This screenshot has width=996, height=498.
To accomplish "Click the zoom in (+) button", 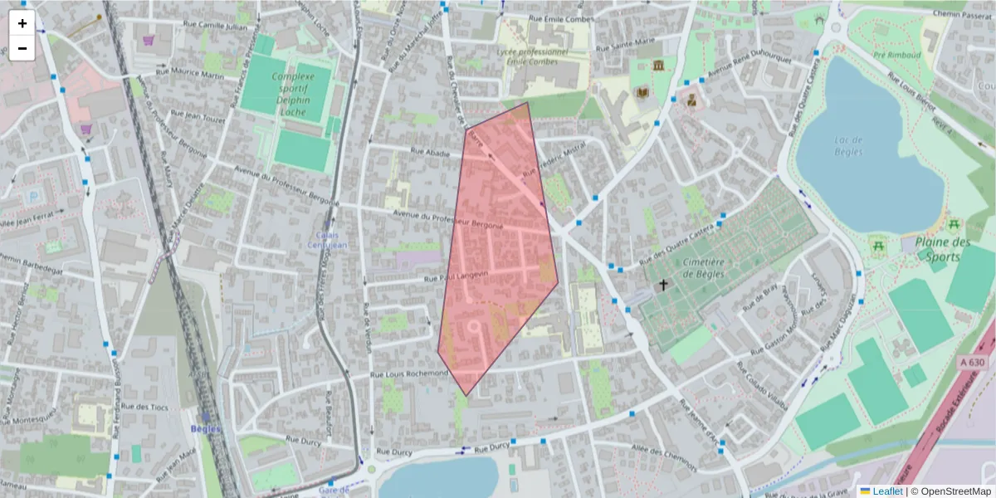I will click(x=22, y=23).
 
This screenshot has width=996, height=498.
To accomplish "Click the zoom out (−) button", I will click(x=22, y=48).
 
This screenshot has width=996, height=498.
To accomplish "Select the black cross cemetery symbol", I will click(x=663, y=285).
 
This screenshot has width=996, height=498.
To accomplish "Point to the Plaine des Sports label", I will click(x=943, y=249).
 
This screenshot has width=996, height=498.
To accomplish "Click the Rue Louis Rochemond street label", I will click(x=409, y=375).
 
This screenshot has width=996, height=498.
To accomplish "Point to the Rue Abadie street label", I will click(x=431, y=153).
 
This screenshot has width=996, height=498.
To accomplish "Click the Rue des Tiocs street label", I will click(x=144, y=407).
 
